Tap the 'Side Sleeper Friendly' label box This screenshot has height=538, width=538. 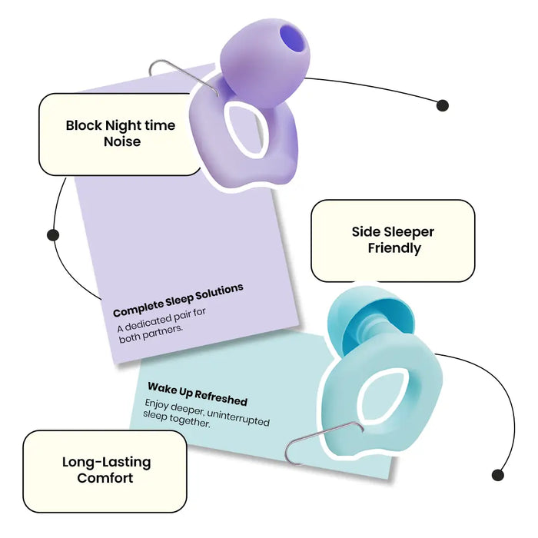pos(393,241)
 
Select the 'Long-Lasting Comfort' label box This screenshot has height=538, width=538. pos(105,471)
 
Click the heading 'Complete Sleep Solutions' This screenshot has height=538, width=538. pos(178,300)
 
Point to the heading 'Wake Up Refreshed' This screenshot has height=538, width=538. pos(198,394)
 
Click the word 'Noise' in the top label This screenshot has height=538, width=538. pos(122,141)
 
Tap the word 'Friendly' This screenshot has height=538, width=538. pos(394,248)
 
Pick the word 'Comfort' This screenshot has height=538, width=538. pos(105,478)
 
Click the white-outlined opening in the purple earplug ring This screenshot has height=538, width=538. pos(246,131)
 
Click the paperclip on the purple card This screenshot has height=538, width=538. pos(183,76)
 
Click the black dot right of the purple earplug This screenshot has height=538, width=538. pos(443,105)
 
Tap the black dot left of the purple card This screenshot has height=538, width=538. pos(53,235)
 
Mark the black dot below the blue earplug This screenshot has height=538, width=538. pos(497,475)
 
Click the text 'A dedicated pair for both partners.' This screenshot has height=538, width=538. pos(161,325)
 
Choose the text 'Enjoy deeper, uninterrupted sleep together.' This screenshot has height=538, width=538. pos(206,413)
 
